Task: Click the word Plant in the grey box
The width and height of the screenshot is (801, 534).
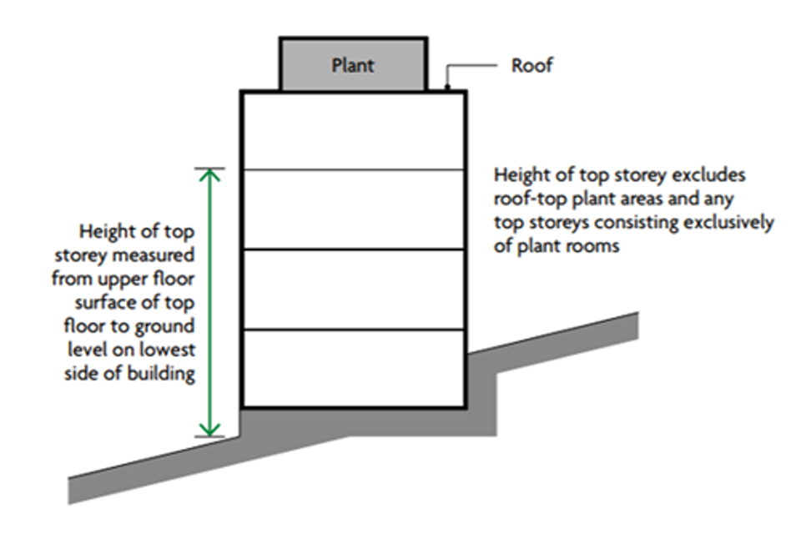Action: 352,65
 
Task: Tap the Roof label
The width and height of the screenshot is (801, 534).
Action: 531,65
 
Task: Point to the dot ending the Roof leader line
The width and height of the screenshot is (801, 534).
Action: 448,86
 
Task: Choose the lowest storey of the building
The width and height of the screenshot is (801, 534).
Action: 353,368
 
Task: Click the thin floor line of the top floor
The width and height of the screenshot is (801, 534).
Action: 353,170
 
